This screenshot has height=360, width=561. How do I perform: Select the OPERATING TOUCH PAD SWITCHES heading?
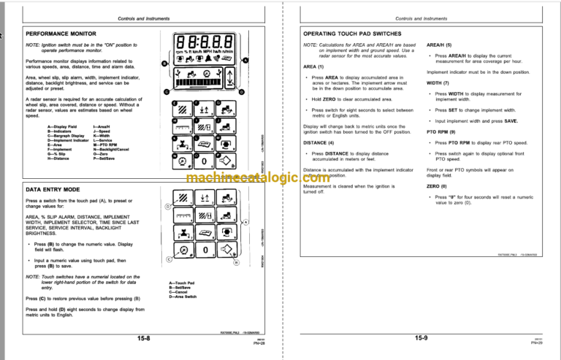[x=358, y=34]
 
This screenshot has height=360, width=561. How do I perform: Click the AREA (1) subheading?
[x=314, y=66]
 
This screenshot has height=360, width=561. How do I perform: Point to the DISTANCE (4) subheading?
[x=318, y=142]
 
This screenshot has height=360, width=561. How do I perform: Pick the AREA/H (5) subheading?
[x=440, y=45]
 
